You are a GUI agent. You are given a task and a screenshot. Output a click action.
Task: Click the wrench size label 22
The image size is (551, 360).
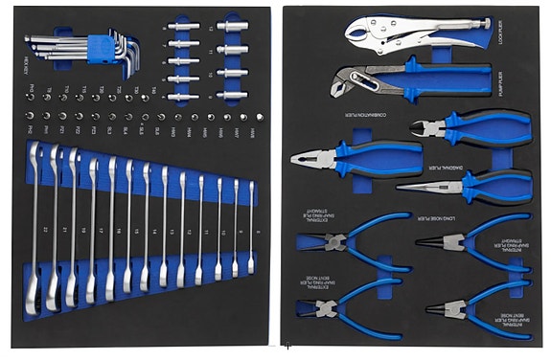45,231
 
